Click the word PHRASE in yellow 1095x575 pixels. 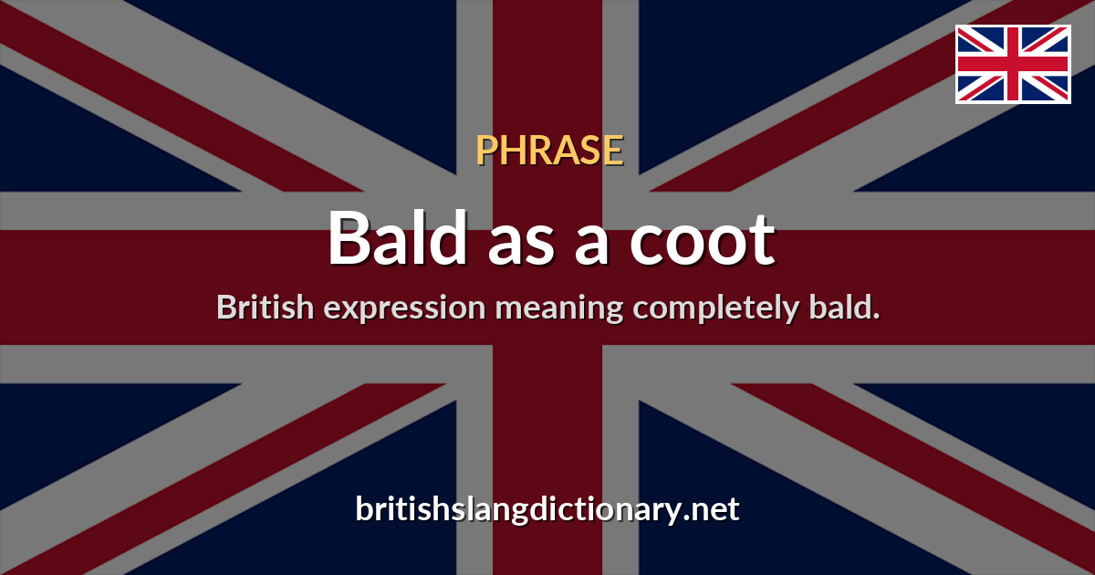(x=549, y=150)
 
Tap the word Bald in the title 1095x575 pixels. (x=396, y=239)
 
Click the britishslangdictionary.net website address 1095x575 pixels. (x=547, y=509)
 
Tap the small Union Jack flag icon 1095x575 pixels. (x=1013, y=64)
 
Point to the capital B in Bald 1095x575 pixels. (x=350, y=239)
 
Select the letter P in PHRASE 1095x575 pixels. (x=485, y=150)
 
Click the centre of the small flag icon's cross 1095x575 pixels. (x=1013, y=64)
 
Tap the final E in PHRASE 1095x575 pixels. (x=614, y=150)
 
